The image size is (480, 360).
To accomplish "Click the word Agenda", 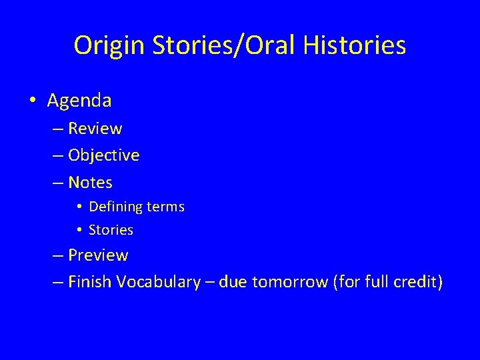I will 79,101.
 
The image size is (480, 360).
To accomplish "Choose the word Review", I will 95,128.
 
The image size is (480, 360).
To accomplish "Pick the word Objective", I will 104,155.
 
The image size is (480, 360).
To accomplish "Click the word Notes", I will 91,182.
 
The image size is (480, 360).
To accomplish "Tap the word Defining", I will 115,207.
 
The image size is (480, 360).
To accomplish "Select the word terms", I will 165,207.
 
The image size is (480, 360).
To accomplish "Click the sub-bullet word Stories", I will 111,230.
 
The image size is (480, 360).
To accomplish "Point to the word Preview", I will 98,255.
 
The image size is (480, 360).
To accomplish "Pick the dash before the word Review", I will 57,129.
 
